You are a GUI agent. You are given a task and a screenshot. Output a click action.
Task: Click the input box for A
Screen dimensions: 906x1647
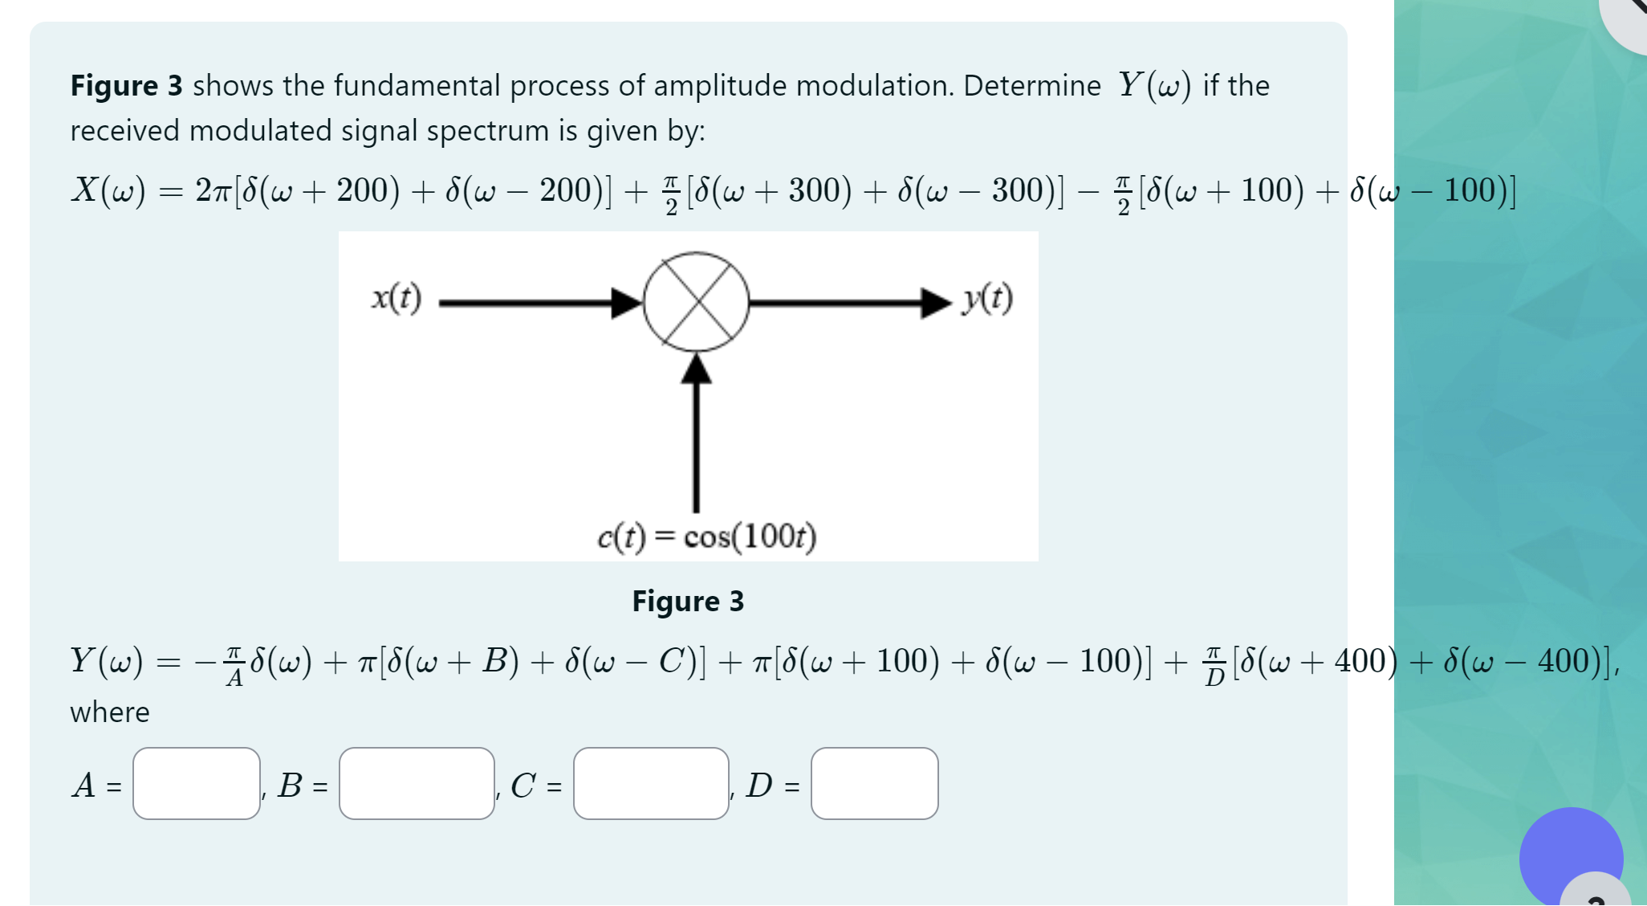197,783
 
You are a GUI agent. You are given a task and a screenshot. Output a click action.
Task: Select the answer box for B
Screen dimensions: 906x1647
417,783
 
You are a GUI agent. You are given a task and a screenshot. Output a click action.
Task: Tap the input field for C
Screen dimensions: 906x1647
651,783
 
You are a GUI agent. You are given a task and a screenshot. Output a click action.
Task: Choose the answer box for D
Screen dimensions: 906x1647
874,783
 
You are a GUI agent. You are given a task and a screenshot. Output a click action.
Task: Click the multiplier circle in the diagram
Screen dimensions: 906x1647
696,302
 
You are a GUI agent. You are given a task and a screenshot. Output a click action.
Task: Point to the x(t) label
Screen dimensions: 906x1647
396,298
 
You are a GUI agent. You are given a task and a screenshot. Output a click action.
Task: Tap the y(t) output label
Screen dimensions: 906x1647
987,298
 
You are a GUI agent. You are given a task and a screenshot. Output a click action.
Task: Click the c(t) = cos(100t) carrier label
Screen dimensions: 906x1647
706,536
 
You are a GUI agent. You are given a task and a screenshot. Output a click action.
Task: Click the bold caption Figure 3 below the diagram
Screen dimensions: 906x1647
688,601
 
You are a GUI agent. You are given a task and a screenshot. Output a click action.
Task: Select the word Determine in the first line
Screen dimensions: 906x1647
1032,85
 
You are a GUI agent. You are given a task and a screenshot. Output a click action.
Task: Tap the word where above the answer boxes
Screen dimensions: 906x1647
110,712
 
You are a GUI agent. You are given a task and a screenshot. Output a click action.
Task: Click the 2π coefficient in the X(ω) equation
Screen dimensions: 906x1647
213,190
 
